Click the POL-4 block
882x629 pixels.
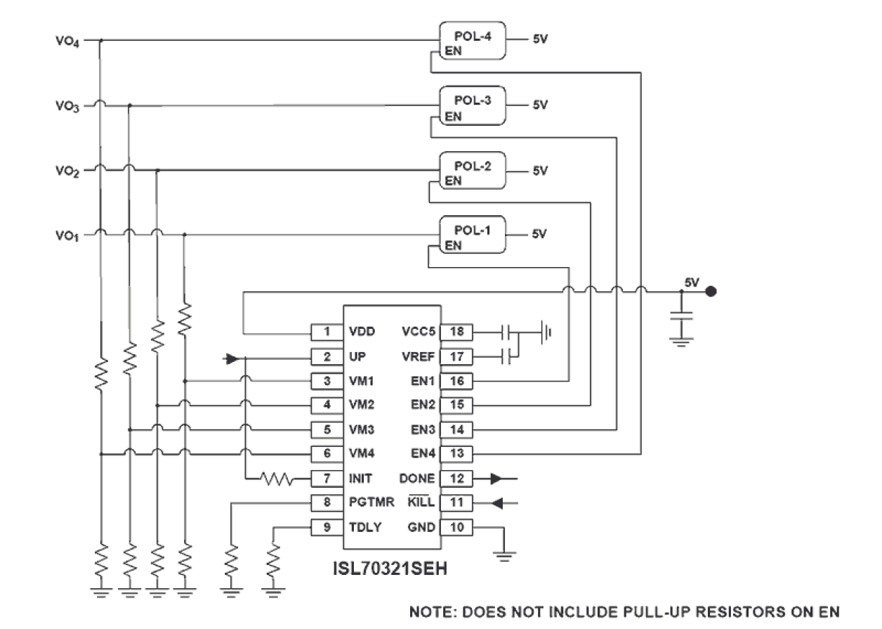click(472, 41)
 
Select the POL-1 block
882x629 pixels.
click(472, 234)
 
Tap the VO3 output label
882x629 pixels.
click(67, 106)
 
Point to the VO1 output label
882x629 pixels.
click(67, 235)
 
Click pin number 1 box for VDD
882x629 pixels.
click(327, 331)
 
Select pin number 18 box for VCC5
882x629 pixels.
click(456, 331)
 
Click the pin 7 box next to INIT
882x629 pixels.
click(327, 479)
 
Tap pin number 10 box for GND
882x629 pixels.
click(456, 527)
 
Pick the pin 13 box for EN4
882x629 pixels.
click(456, 453)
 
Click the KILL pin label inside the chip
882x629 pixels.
click(421, 502)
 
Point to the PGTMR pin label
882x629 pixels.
click(367, 502)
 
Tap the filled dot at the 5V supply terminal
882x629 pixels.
click(711, 291)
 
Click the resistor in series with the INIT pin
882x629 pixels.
click(277, 479)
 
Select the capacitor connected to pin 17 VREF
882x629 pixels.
click(506, 356)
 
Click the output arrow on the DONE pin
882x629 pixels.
click(496, 479)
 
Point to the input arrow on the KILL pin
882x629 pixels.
click(497, 503)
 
